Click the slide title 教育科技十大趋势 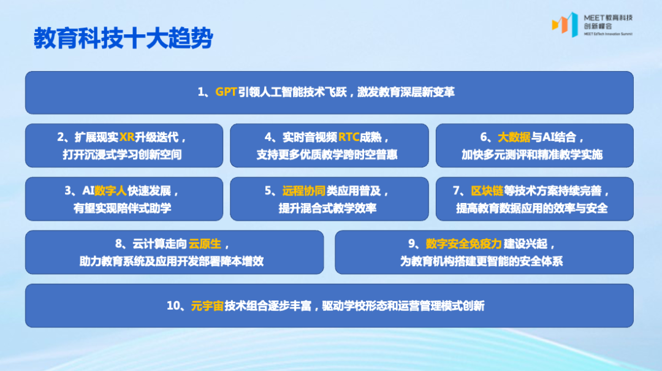click(x=123, y=38)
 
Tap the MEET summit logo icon click(x=565, y=24)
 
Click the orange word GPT click(x=226, y=93)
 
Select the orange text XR click(x=127, y=137)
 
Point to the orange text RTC click(x=349, y=137)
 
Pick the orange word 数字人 click(x=110, y=191)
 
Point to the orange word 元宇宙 click(x=207, y=305)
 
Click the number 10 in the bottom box click(x=173, y=305)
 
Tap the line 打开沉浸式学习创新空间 click(x=122, y=155)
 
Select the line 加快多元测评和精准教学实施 click(x=532, y=155)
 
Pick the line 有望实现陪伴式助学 click(x=122, y=208)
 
